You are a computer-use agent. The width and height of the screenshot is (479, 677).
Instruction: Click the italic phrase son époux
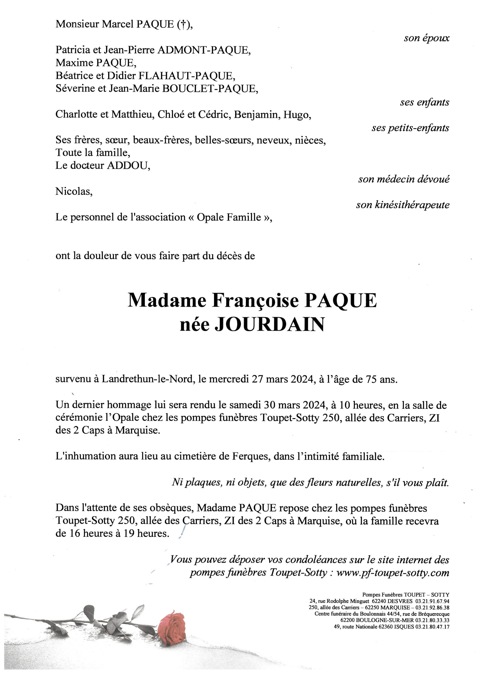click(427, 38)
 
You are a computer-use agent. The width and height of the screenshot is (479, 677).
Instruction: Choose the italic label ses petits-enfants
click(410, 128)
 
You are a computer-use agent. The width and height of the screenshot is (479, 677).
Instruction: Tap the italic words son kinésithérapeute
click(403, 205)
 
